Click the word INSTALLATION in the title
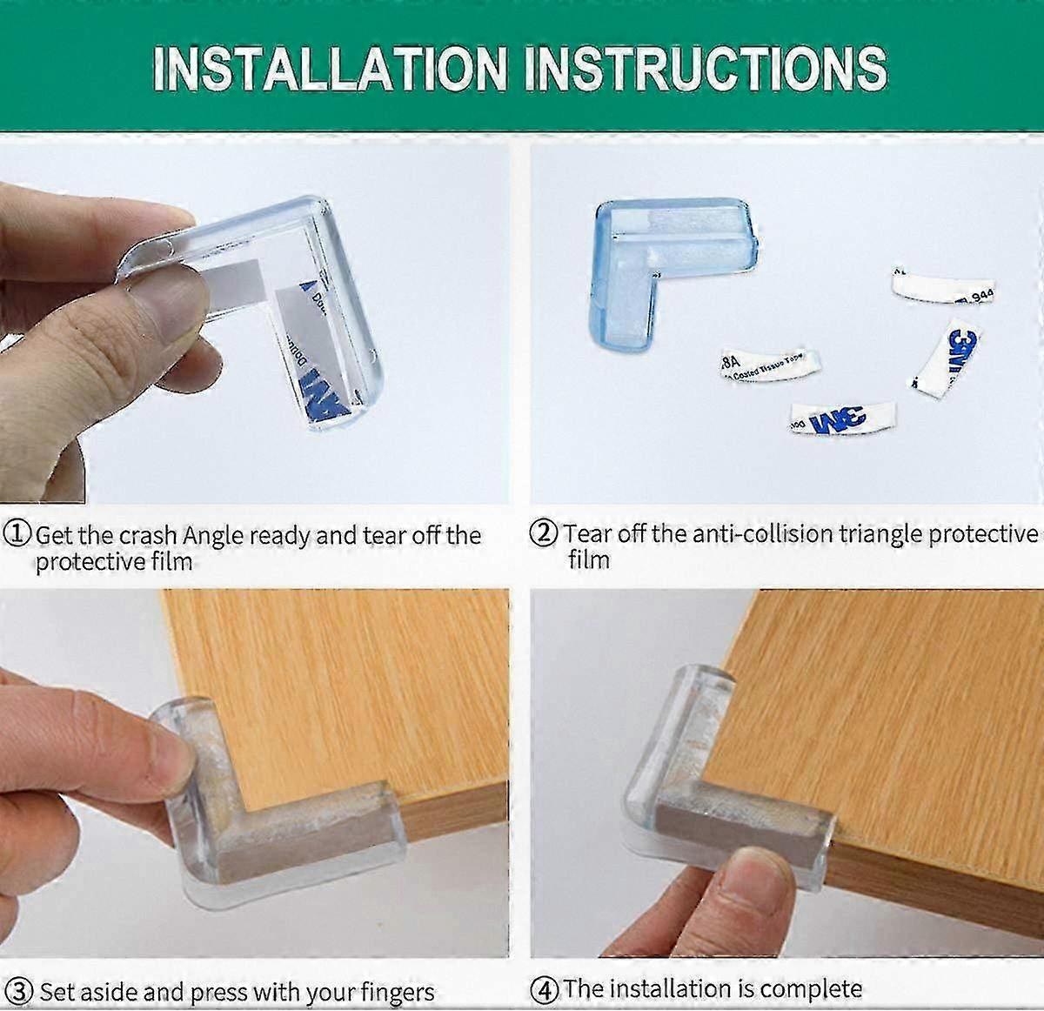[x=329, y=67]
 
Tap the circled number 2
[x=545, y=533]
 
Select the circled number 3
[x=23, y=992]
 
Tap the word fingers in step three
[x=391, y=993]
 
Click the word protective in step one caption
[x=88, y=561]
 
